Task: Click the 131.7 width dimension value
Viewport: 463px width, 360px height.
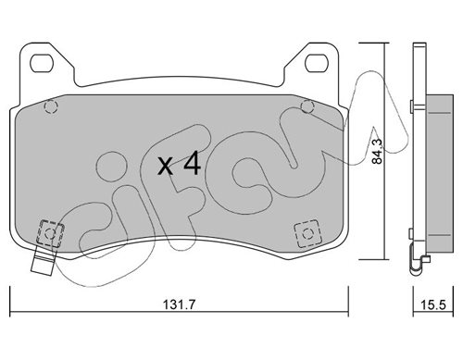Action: point(179,304)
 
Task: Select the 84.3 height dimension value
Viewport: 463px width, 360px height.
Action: point(377,151)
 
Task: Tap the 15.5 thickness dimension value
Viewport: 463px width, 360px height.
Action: point(433,305)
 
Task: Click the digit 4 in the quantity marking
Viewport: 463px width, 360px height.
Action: point(192,165)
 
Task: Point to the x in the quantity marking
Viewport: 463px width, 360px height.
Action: point(165,166)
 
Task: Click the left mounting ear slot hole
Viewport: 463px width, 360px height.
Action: point(42,63)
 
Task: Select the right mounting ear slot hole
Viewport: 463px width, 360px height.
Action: point(316,63)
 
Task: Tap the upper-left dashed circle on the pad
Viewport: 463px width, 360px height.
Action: point(51,106)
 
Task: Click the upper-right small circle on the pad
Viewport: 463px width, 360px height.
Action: point(307,106)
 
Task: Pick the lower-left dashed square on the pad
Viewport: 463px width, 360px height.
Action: point(50,233)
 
